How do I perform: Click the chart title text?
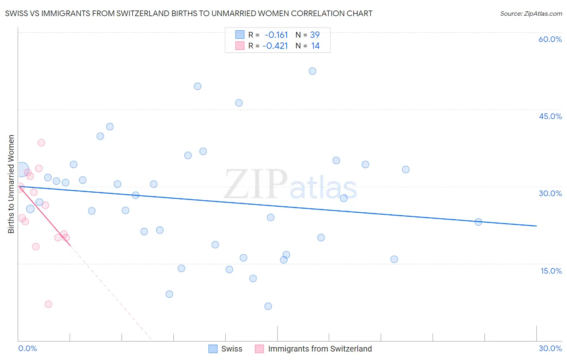coord(189,13)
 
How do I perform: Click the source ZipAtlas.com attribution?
coord(531,13)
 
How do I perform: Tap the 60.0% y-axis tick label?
coord(550,39)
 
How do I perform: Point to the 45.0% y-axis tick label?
coord(550,116)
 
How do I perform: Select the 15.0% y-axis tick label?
coord(551,271)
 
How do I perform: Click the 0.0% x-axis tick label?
coord(27,348)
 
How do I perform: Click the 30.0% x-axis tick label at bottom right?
coord(550,348)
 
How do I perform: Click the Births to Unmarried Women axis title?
coord(11,184)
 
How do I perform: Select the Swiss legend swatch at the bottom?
coord(213,349)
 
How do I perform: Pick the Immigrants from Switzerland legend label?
coord(320,349)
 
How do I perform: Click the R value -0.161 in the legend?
coord(276,35)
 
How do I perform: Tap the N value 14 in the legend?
coord(315,46)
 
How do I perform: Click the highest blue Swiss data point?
coord(313,71)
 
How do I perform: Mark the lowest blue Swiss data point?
coord(268,306)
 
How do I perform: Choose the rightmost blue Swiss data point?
coord(478,222)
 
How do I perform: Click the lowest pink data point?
coord(48,304)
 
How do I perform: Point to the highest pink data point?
coord(41,143)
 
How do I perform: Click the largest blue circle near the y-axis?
coord(22,170)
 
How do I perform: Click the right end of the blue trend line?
coord(536,226)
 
